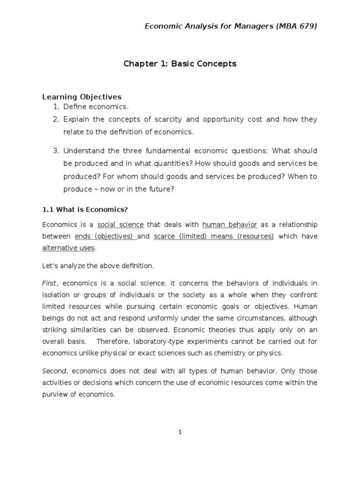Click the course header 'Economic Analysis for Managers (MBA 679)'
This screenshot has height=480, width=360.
(x=230, y=26)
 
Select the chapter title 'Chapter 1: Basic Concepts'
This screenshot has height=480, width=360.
(x=180, y=64)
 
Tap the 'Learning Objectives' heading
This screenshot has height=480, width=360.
(x=82, y=97)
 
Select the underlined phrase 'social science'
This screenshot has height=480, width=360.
(x=120, y=225)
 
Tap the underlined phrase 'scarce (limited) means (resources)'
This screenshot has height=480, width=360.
(x=214, y=236)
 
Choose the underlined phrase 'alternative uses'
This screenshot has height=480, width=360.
(x=68, y=247)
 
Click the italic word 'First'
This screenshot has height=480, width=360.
(x=49, y=284)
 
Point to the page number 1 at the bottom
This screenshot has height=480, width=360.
(x=180, y=433)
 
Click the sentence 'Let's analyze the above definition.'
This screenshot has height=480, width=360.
(x=98, y=266)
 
